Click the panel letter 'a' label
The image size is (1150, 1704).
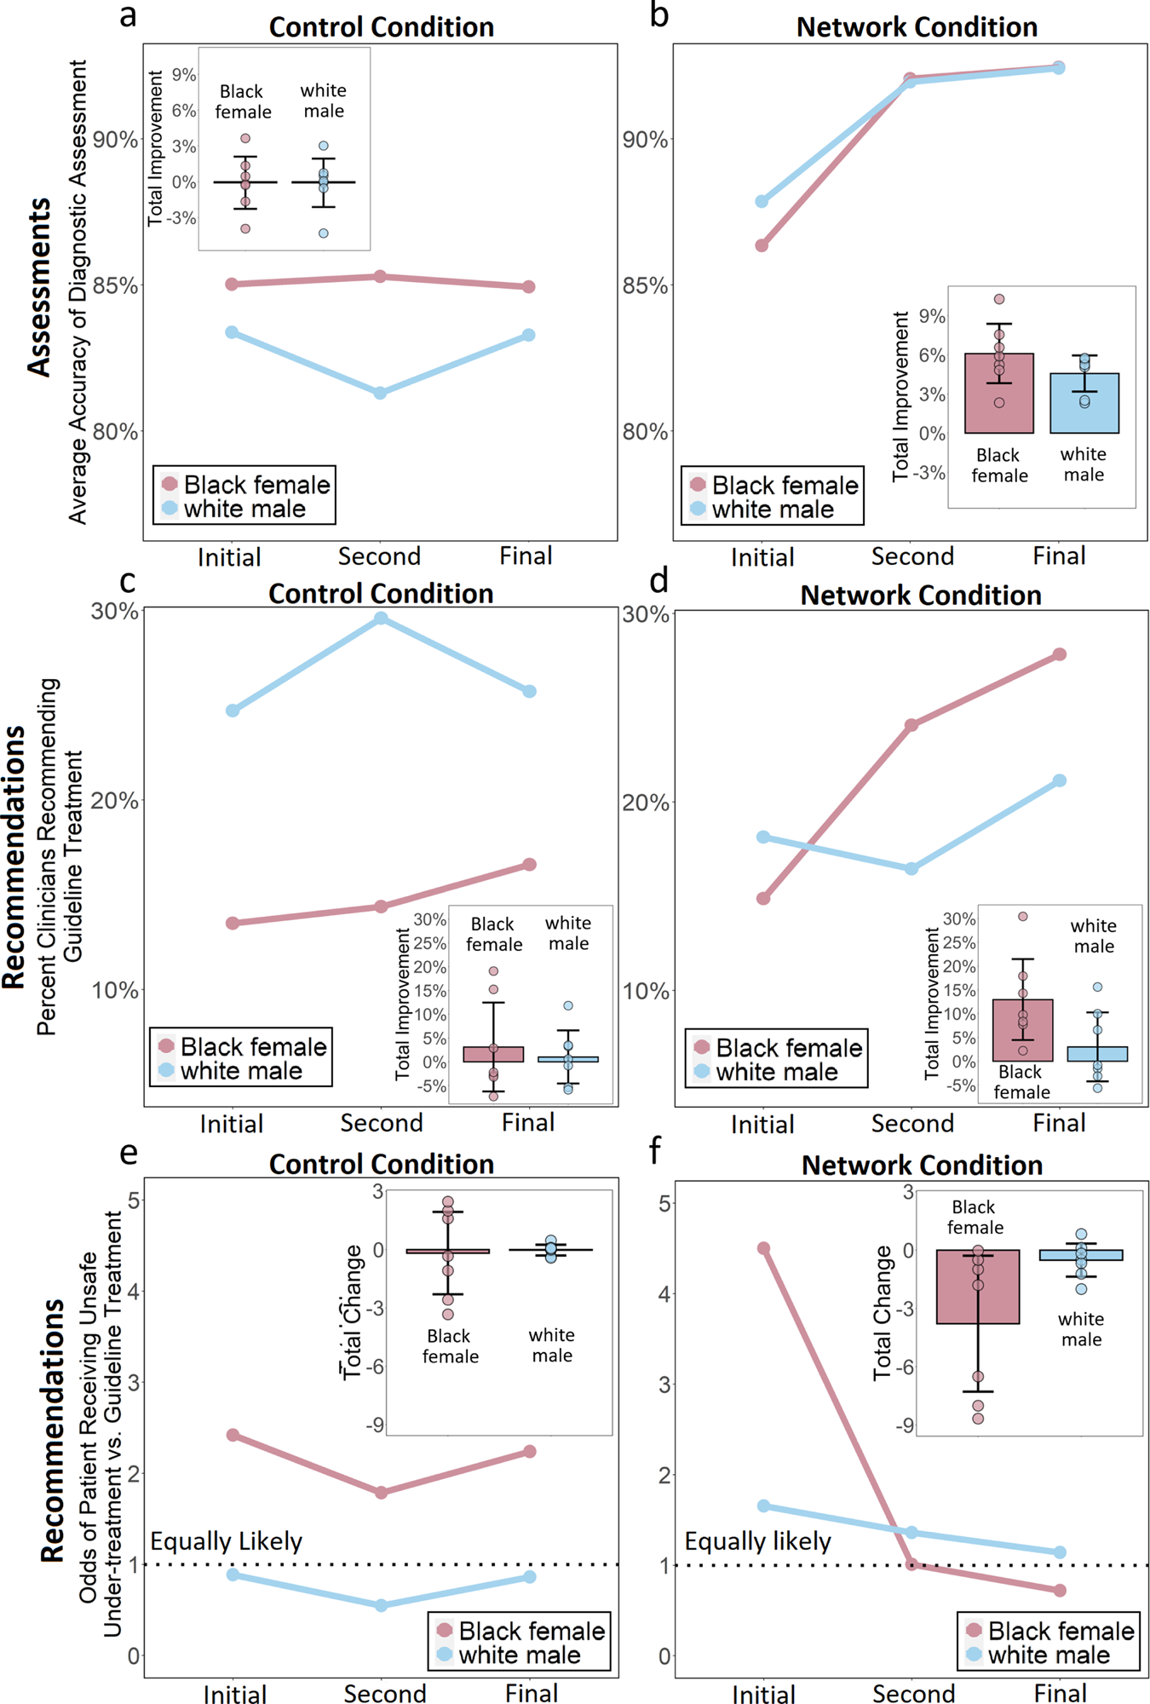(128, 15)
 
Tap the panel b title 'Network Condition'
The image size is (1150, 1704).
(917, 27)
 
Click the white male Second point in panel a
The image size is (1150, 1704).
(380, 393)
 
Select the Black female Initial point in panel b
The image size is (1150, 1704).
(762, 245)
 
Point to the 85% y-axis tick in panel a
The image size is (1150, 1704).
(116, 286)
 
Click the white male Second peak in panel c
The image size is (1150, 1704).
(381, 619)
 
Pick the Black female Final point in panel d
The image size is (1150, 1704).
(1060, 654)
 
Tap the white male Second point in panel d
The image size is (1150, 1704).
(911, 869)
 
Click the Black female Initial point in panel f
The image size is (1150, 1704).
(763, 1248)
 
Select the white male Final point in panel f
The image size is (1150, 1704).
(1060, 1552)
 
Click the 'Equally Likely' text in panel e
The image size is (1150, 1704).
(226, 1541)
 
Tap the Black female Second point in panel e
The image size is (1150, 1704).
(382, 1493)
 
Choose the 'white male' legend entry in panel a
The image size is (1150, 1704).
(244, 509)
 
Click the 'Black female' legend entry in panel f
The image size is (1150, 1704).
(1061, 1631)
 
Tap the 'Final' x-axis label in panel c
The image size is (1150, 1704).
(528, 1123)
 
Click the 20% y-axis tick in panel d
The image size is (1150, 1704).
(646, 803)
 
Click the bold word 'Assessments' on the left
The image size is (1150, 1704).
(39, 287)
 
